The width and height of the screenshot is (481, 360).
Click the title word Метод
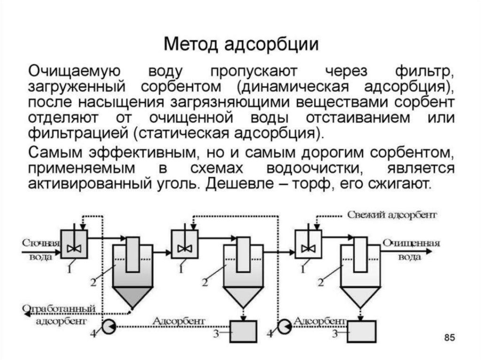[191, 44]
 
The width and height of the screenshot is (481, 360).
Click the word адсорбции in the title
[271, 45]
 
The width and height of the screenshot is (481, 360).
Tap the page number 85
[450, 337]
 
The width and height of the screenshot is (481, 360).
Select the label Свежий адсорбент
[392, 215]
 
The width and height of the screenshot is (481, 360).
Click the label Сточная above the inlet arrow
[41, 243]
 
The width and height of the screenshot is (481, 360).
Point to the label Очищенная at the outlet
[411, 243]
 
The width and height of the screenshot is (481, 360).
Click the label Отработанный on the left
[59, 308]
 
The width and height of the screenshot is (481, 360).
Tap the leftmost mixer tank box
[74, 244]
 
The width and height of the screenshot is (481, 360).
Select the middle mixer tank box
[185, 244]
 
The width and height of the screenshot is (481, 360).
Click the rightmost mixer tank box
[308, 244]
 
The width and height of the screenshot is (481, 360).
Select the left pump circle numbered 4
[109, 327]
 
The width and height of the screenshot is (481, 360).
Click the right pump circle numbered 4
[285, 327]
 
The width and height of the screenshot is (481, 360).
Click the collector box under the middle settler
[243, 331]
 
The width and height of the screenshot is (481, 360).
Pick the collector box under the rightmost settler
[362, 331]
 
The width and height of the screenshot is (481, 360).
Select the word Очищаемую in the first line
[75, 72]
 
